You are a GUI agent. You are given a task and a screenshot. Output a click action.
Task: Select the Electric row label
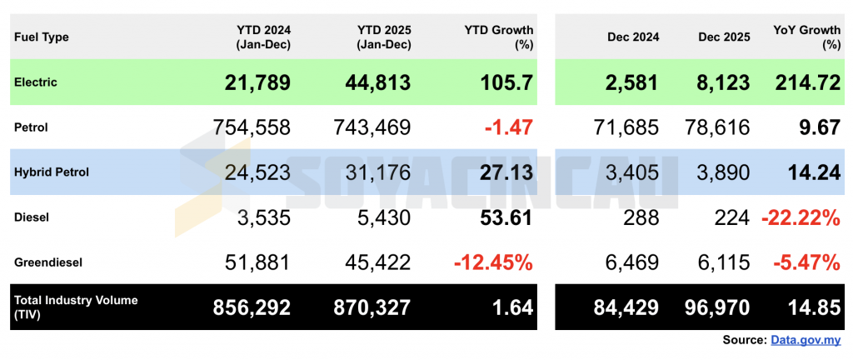(x=36, y=82)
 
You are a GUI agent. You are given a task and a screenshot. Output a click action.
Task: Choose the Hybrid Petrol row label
(x=52, y=172)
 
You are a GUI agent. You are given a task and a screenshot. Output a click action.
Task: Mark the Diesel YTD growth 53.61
(x=500, y=217)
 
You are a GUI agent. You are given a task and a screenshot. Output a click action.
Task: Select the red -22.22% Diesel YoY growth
(x=801, y=217)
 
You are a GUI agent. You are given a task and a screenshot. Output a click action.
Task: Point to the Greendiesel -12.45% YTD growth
(x=493, y=262)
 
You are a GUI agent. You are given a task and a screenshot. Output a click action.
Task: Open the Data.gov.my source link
(x=806, y=340)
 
